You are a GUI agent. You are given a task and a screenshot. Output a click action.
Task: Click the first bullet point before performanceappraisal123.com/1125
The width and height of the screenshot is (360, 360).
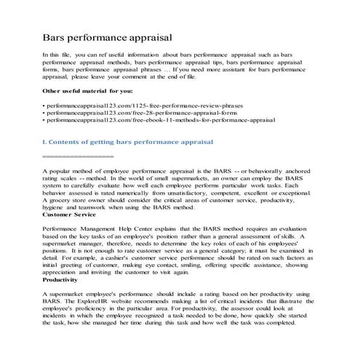(x=45, y=105)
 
